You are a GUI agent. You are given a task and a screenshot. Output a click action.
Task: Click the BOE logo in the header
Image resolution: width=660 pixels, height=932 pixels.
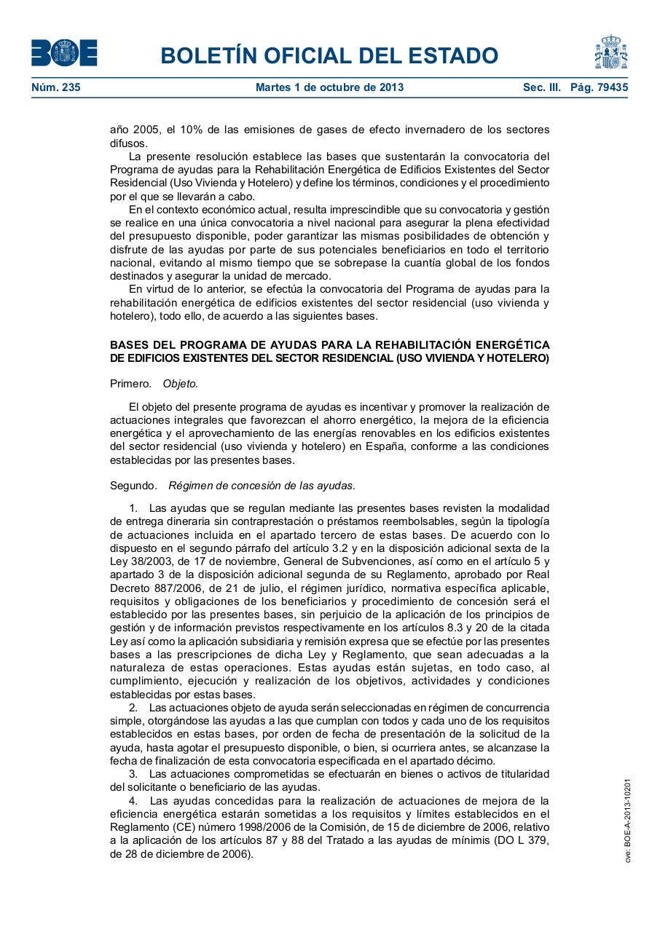(x=64, y=52)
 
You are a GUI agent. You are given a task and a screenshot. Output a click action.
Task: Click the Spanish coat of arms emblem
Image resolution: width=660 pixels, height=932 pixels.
(x=610, y=52)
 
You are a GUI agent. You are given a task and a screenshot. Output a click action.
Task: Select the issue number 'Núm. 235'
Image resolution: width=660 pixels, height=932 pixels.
(x=56, y=87)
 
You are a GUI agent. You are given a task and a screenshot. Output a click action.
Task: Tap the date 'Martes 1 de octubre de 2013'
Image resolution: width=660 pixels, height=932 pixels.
(x=329, y=87)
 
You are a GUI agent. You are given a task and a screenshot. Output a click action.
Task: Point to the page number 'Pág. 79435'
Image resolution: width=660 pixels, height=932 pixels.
(x=599, y=87)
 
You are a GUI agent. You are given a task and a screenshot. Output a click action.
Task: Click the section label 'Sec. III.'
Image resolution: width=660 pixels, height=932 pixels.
(x=542, y=87)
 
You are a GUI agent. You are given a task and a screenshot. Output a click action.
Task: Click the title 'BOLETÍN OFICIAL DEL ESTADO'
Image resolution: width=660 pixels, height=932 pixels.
(x=329, y=55)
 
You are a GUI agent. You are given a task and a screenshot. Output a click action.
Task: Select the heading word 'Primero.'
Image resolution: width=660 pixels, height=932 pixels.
(x=131, y=384)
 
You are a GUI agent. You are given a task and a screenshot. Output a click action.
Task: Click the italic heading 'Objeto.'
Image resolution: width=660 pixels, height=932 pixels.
(x=180, y=384)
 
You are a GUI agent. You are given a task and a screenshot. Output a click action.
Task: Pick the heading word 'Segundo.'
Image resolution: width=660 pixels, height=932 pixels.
(x=133, y=485)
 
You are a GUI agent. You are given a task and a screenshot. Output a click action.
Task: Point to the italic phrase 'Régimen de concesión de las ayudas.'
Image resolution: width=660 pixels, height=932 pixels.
(x=262, y=485)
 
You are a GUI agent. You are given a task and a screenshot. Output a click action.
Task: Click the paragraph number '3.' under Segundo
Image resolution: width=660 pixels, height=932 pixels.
(x=133, y=774)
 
